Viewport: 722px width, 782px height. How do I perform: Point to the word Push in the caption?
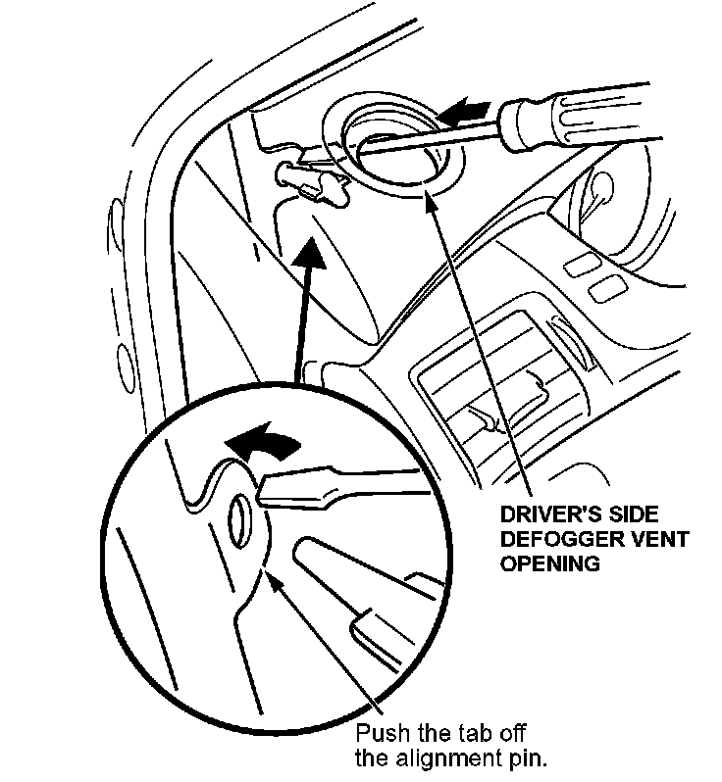tap(377, 735)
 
